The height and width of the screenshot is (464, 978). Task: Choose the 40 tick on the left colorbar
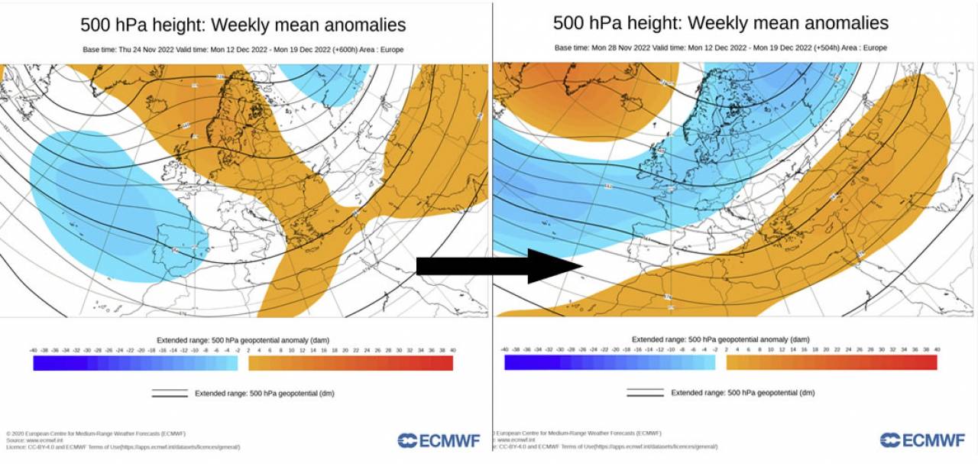(x=453, y=349)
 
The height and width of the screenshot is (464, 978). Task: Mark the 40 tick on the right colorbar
(x=937, y=349)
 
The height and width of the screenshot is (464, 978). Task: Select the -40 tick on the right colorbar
(x=506, y=349)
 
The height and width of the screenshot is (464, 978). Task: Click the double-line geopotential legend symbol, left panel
(x=170, y=394)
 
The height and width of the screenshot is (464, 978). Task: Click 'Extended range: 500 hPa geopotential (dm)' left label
(x=264, y=394)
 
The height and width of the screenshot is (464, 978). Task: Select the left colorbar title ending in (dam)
(x=243, y=339)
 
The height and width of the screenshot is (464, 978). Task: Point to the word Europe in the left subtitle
(x=391, y=50)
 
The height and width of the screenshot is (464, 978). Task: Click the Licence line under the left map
(x=122, y=446)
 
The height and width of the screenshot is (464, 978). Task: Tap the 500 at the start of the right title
(x=569, y=23)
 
